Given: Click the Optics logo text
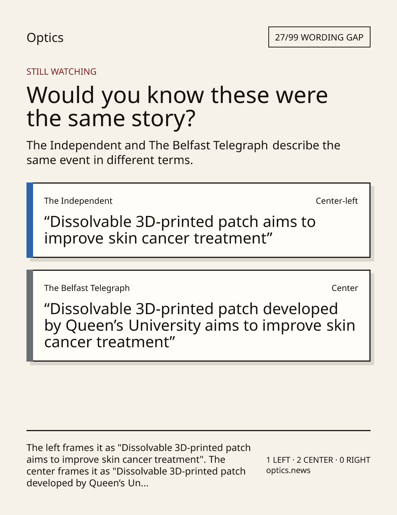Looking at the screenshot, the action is pos(45,38).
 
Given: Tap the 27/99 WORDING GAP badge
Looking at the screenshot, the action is pos(319,37).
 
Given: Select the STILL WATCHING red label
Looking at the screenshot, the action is pos(61,72).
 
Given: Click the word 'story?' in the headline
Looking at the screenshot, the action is pos(163,118).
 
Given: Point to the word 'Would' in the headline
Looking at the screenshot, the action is pos(60,95).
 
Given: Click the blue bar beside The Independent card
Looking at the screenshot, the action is pos(30,220).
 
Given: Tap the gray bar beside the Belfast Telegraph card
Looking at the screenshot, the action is pos(30,316).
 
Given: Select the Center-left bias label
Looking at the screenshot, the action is pos(337,201).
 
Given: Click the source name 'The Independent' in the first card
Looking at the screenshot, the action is pos(78,201).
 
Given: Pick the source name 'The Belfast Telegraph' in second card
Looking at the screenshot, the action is pos(87,288).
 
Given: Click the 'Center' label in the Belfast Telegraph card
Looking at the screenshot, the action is pos(345,288).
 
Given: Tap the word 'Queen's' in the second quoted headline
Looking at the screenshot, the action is pos(94,326).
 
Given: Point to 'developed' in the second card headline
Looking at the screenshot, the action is pos(300,309).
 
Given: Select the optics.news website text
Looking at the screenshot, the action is pos(288,470).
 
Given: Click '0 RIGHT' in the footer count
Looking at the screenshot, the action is pos(355,460).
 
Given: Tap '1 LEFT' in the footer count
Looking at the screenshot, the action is pos(278,460).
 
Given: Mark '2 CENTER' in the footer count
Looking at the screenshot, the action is pos(315,460).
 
